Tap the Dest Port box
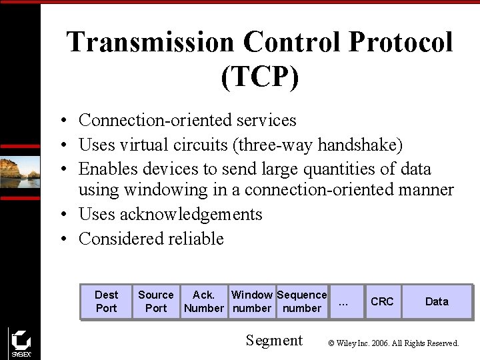(x=106, y=301)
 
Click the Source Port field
(x=156, y=301)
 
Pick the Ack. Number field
(x=204, y=301)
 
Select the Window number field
(x=251, y=301)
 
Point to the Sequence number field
(x=302, y=301)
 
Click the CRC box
(x=382, y=301)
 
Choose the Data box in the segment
(x=437, y=301)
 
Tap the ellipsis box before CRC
(x=344, y=301)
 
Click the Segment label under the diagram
(x=274, y=340)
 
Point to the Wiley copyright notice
(x=393, y=343)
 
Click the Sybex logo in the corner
(x=21, y=343)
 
